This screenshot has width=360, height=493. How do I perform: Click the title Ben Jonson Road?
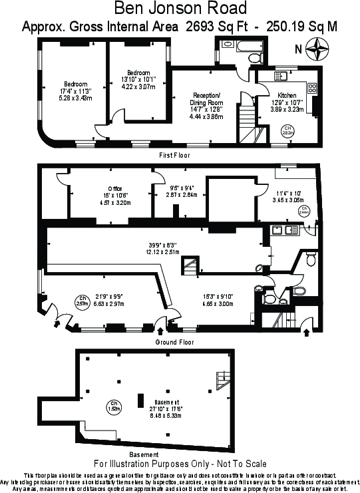(180, 9)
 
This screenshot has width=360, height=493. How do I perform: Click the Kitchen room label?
(287, 95)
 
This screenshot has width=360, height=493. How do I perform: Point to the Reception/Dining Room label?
(206, 99)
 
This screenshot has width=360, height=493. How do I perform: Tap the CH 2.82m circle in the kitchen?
(287, 130)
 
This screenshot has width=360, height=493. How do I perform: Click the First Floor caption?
(174, 155)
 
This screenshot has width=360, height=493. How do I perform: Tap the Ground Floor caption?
(175, 342)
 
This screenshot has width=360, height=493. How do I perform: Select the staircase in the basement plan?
(220, 381)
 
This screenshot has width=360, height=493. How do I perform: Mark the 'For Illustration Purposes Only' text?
(180, 463)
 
